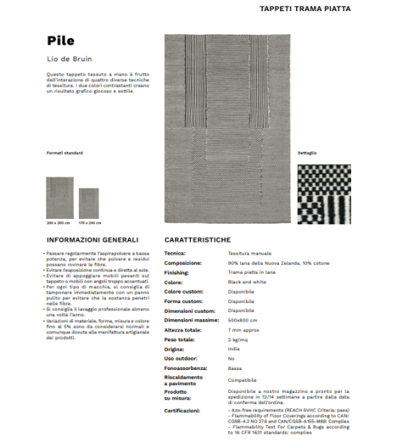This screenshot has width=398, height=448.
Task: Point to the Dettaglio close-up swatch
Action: pyautogui.click(x=323, y=191)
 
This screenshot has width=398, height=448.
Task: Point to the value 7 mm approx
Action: pyautogui.click(x=242, y=330)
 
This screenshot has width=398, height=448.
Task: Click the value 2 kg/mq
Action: pyautogui.click(x=237, y=340)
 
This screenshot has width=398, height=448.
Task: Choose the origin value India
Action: pyautogui.click(x=233, y=349)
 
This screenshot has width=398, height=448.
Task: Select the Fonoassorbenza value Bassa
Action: pyautogui.click(x=235, y=369)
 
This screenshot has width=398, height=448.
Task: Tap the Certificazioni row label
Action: pyautogui.click(x=182, y=411)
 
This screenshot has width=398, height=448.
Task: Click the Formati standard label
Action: pyautogui.click(x=64, y=153)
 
